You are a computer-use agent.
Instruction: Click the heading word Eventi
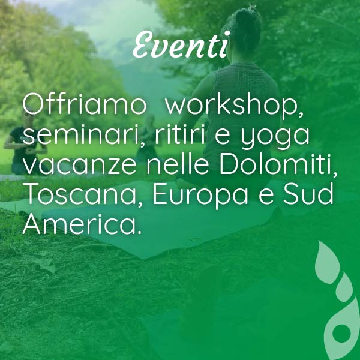click(182, 44)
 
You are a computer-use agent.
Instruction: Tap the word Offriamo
click(84, 104)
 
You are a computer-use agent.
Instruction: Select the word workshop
click(234, 106)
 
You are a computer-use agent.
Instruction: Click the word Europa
click(200, 196)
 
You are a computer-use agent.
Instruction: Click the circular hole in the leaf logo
click(341, 333)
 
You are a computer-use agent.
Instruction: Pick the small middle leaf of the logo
click(344, 287)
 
